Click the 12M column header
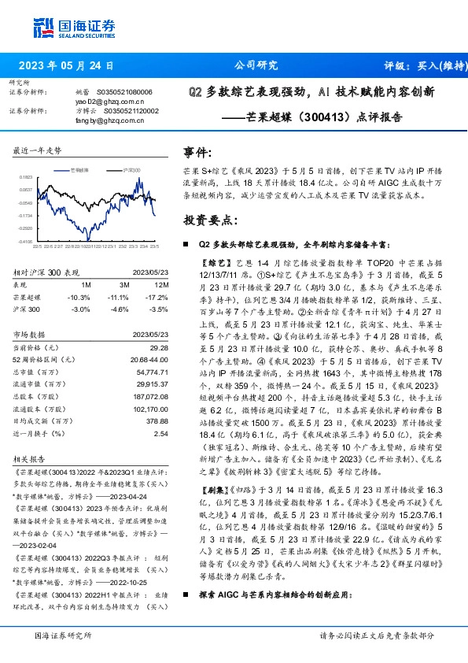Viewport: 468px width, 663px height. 161,283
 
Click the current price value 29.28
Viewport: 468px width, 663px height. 160,347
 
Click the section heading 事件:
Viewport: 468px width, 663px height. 197,152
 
